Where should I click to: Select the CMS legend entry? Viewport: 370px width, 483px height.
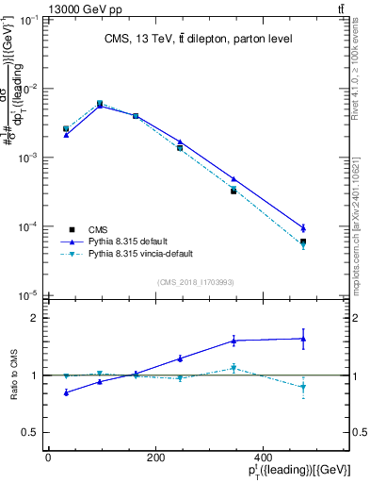point(98,229)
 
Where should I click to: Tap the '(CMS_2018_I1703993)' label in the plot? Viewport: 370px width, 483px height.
point(195,282)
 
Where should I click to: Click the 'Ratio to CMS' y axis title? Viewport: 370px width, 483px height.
point(13,375)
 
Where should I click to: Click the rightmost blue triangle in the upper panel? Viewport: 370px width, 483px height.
point(303,227)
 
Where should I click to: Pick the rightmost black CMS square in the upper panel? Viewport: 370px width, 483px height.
point(303,241)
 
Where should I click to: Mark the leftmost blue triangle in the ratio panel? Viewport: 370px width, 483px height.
point(66,392)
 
